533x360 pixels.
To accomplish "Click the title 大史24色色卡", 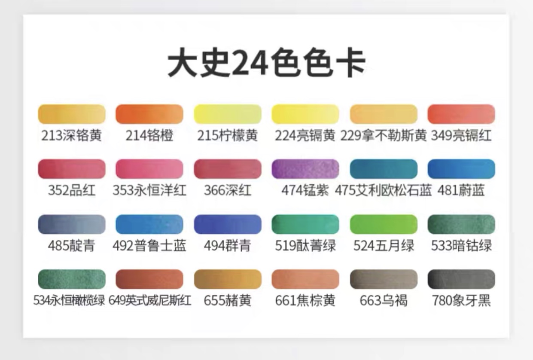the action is pyautogui.click(x=266, y=64).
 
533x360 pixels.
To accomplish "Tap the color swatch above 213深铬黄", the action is pyautogui.click(x=72, y=114).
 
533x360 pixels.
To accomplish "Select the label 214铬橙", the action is pyautogui.click(x=149, y=136).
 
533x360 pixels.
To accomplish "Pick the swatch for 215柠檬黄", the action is pyautogui.click(x=228, y=114).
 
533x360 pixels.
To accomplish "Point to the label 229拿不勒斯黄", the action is pyautogui.click(x=384, y=136).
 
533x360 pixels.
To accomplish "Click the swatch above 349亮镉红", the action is pyautogui.click(x=461, y=114).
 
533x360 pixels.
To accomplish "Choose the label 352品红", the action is pyautogui.click(x=72, y=190).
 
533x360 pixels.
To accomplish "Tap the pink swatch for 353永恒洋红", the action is pyautogui.click(x=149, y=169).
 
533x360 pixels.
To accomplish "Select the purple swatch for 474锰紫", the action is pyautogui.click(x=305, y=169).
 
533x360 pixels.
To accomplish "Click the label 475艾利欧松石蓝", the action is pyautogui.click(x=384, y=190).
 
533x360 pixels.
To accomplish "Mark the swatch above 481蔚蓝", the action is pyautogui.click(x=461, y=169).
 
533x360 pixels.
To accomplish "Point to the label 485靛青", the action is pyautogui.click(x=72, y=246).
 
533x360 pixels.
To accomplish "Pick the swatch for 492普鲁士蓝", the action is pyautogui.click(x=149, y=224).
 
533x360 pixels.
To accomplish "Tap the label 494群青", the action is pyautogui.click(x=228, y=246).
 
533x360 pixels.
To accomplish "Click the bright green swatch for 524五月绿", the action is pyautogui.click(x=384, y=224).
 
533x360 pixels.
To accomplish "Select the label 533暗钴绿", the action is pyautogui.click(x=461, y=246).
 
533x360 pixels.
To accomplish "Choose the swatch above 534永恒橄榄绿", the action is pyautogui.click(x=72, y=279).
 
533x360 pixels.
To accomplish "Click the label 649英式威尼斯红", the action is pyautogui.click(x=149, y=300).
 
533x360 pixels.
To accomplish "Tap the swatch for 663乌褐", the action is pyautogui.click(x=384, y=279).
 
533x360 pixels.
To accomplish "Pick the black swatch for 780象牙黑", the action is pyautogui.click(x=461, y=279).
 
